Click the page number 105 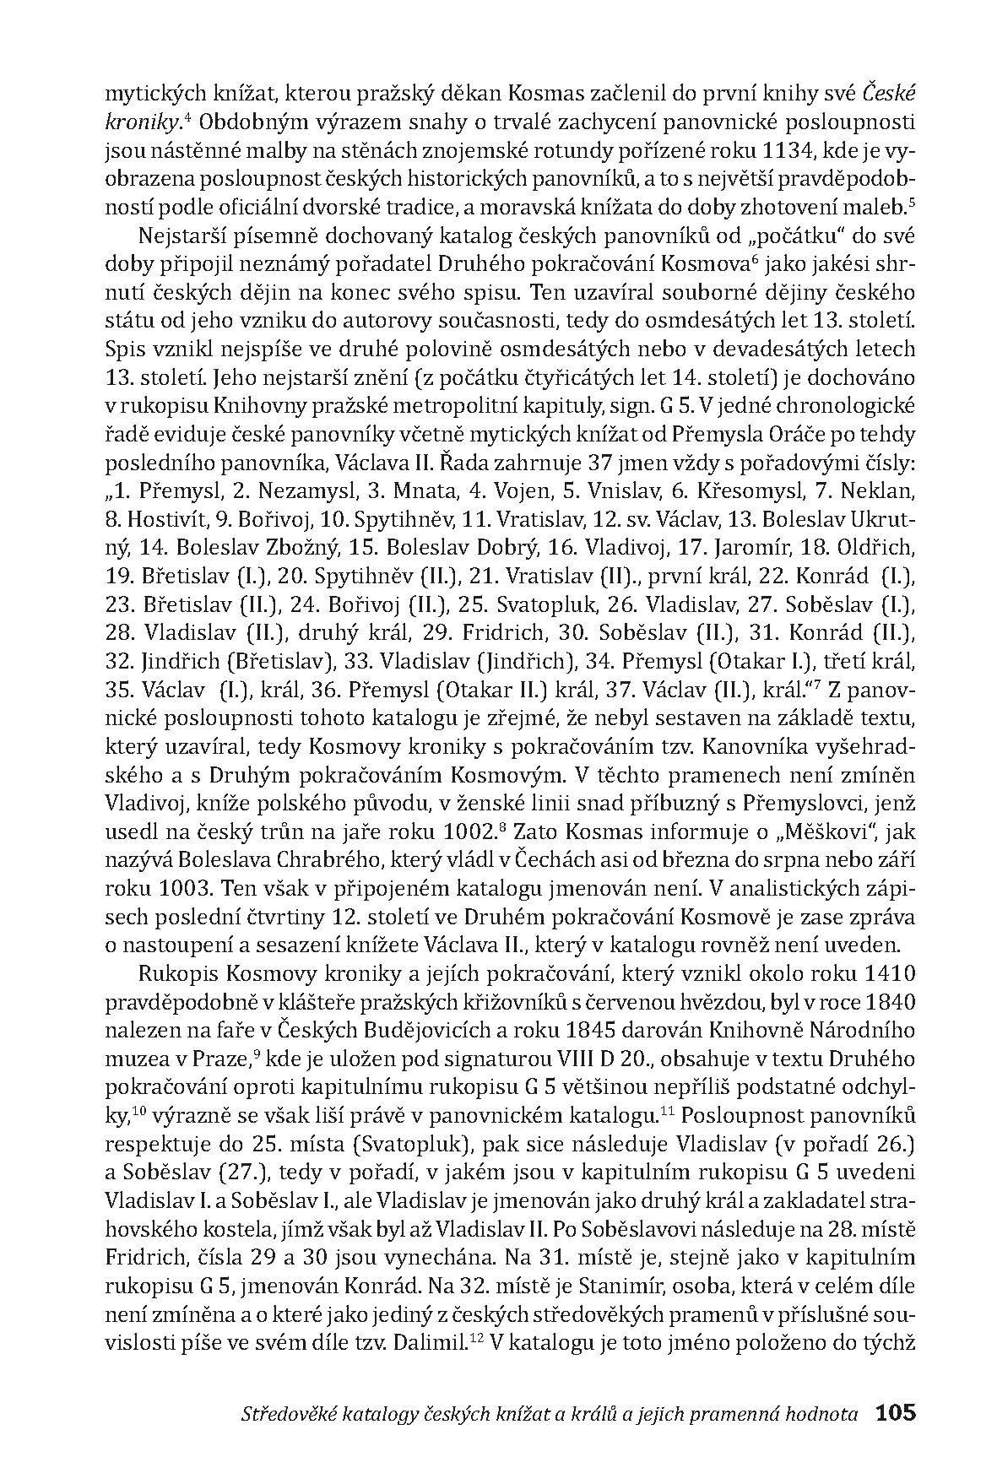tap(896, 1413)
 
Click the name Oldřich tap(877, 546)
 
